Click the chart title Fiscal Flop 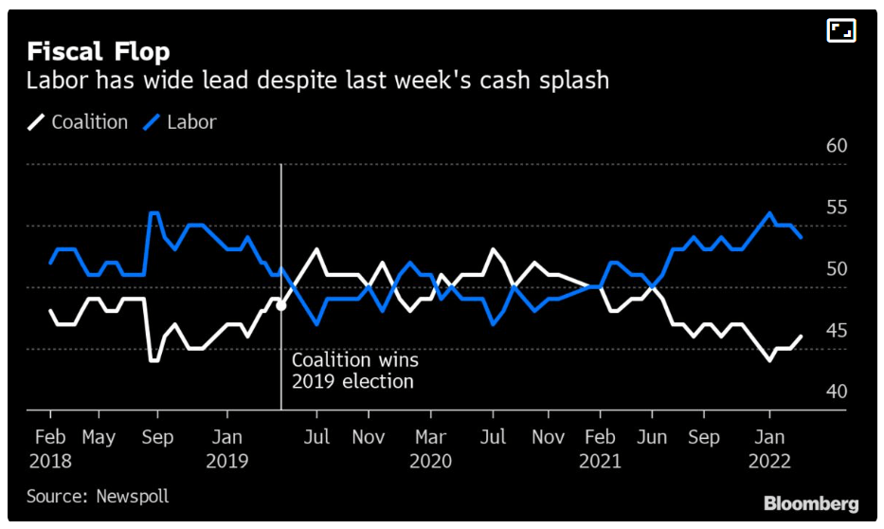(99, 50)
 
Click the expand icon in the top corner (841, 30)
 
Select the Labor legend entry (180, 122)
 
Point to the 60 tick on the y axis (836, 146)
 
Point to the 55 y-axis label (836, 208)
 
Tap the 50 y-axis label (836, 269)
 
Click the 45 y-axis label (836, 331)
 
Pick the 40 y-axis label (836, 392)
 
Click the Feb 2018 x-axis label (49, 448)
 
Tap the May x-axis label (99, 437)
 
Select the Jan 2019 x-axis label (226, 448)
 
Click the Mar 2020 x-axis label (430, 448)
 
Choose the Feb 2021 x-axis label (599, 448)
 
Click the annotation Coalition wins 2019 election (354, 371)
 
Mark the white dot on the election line (280, 304)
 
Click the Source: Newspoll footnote (98, 496)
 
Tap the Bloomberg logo (811, 503)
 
